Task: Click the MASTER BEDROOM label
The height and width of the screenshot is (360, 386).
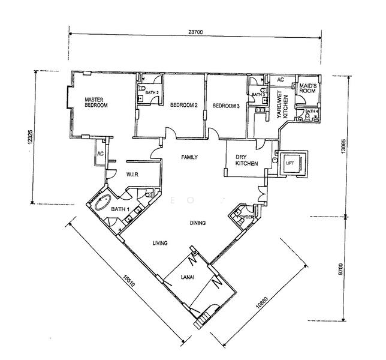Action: [x=96, y=103]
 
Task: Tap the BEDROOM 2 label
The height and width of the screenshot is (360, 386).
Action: [x=184, y=105]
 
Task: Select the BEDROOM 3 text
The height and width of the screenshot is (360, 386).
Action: [x=226, y=106]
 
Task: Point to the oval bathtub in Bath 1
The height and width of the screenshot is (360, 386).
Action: [x=103, y=202]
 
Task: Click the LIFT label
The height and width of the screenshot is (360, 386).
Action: [x=290, y=163]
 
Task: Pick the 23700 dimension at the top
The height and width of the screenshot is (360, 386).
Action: [x=195, y=32]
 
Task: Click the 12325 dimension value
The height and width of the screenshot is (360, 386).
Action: [x=30, y=137]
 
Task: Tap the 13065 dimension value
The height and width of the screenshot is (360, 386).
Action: [x=343, y=146]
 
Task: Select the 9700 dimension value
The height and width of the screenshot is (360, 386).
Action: [x=340, y=269]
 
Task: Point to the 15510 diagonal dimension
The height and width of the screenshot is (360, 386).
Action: [x=129, y=281]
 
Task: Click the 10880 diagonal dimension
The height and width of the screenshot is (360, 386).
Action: [x=261, y=302]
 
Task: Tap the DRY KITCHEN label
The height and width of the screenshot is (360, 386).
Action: [x=247, y=160]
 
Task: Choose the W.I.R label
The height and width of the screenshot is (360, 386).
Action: [x=132, y=175]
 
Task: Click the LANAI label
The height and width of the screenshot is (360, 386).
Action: [x=188, y=277]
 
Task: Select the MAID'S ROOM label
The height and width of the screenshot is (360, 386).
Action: [x=307, y=88]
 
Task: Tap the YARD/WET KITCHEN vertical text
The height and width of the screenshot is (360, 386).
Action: [x=282, y=104]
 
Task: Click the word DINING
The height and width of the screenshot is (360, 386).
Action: [x=198, y=223]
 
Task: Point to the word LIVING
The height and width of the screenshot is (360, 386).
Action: [x=160, y=243]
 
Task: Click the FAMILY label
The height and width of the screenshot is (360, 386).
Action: [x=189, y=157]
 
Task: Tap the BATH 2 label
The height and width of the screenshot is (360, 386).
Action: [x=152, y=92]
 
